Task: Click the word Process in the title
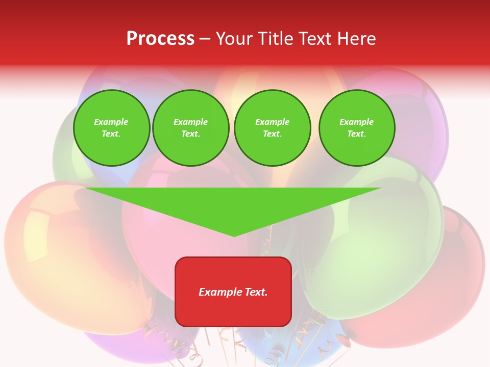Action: click(160, 39)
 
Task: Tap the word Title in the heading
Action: click(274, 39)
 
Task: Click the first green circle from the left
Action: click(111, 128)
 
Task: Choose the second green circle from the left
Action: click(190, 128)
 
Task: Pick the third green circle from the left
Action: click(272, 128)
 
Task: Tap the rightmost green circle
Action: click(357, 128)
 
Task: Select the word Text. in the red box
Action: click(257, 292)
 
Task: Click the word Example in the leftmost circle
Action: click(111, 122)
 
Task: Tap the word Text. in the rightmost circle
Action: click(357, 134)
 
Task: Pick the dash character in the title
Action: click(205, 39)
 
